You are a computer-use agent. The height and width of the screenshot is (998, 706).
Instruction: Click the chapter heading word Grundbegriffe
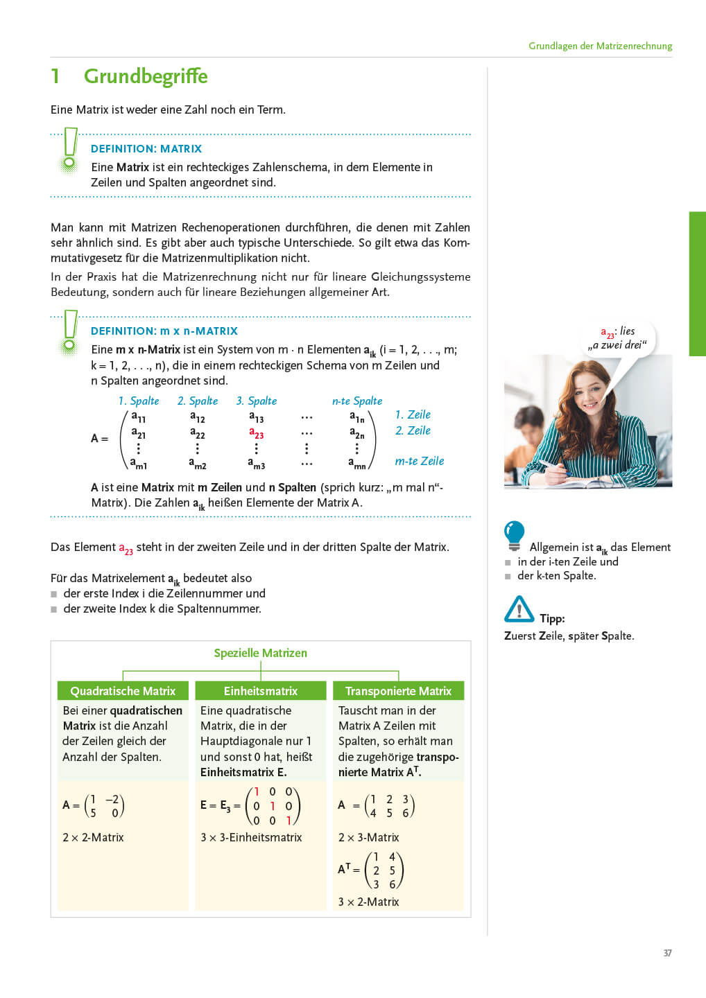tap(146, 76)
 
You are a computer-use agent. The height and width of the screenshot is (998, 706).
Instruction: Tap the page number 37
tap(667, 953)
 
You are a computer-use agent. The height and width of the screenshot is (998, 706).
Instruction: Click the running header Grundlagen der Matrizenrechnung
tap(600, 46)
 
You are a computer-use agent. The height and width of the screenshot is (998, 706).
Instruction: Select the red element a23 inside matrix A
tap(257, 434)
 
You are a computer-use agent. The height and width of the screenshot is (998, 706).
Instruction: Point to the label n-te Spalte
tap(357, 401)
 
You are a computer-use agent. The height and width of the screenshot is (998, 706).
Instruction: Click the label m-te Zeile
tap(419, 461)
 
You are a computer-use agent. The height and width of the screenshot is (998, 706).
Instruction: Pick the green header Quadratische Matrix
tap(123, 691)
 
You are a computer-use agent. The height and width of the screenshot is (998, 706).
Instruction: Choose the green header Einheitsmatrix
tap(260, 691)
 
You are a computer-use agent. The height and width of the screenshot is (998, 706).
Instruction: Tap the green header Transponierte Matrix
tap(398, 691)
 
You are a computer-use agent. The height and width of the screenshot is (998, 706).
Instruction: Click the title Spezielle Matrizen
tap(260, 653)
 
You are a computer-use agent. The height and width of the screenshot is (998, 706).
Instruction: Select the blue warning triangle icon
tap(519, 609)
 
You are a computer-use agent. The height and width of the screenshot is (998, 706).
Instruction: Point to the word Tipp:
tap(552, 618)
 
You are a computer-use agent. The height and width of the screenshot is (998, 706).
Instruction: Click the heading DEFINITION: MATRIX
tap(146, 148)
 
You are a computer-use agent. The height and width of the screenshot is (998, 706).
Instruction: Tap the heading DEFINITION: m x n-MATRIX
tap(164, 331)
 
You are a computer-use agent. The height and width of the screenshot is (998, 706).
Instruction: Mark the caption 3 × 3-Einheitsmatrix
tap(251, 837)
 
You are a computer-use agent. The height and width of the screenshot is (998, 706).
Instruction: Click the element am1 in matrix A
tap(139, 464)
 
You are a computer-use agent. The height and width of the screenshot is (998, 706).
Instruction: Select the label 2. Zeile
tap(413, 430)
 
